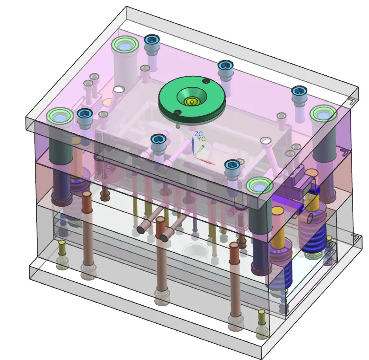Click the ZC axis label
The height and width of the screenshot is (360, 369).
198,134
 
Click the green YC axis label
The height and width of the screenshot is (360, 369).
201,139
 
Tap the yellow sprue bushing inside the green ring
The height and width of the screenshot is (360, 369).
192,102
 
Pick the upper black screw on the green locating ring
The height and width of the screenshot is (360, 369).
206,81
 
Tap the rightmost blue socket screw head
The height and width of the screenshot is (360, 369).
300,92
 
